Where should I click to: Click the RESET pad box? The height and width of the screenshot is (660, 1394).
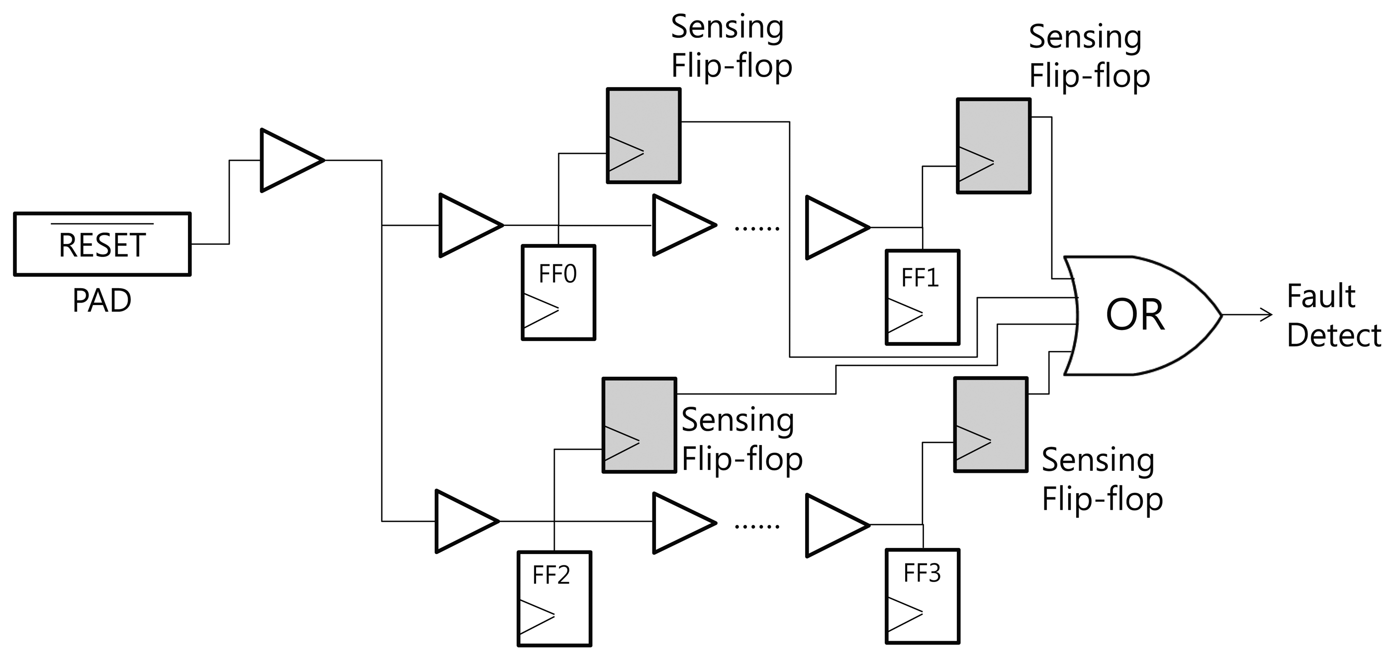tap(102, 244)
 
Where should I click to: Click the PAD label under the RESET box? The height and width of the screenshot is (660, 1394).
tap(102, 301)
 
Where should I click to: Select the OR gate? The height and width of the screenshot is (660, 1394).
tap(1136, 316)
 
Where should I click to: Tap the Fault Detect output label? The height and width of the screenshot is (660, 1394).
tap(1333, 316)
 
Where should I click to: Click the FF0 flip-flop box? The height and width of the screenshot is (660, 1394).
tap(558, 292)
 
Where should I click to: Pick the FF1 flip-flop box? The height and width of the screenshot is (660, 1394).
tap(922, 297)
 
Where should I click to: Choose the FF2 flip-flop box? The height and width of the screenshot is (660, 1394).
tap(554, 598)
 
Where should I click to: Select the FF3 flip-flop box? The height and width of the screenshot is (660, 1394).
tap(922, 596)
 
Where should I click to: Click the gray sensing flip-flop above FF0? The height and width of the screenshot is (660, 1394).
tap(644, 135)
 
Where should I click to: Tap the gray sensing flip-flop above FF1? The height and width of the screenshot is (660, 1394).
tap(994, 146)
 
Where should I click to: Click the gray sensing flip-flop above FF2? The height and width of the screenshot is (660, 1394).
tap(639, 425)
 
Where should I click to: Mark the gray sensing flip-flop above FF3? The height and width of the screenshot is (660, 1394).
tap(990, 425)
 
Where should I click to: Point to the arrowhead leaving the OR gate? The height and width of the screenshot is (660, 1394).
tap(1266, 315)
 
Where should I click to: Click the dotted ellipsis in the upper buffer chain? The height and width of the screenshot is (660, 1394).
tap(756, 229)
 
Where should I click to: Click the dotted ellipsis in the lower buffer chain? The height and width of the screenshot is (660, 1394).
tap(756, 526)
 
